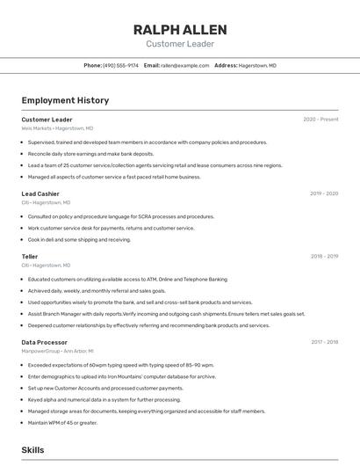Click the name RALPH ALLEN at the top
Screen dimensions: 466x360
coord(180,29)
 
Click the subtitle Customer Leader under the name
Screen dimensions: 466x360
coord(180,44)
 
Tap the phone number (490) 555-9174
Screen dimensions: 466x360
coord(120,65)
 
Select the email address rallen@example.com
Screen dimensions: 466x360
coord(184,65)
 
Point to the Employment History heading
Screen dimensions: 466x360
coord(65,100)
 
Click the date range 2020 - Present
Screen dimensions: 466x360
coord(320,120)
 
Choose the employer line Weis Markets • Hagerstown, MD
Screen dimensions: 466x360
coord(57,128)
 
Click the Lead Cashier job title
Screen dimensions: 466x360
coord(40,193)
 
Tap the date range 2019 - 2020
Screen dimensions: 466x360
coord(323,193)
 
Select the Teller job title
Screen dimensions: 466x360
coord(30,257)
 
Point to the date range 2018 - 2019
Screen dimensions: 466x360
coord(324,257)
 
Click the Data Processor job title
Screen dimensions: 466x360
coord(44,342)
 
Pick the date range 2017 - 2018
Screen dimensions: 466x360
coord(324,342)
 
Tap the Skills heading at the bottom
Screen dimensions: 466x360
coord(33,449)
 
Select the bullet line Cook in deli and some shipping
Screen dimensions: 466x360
coord(79,239)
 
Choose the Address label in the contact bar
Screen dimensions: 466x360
coord(226,65)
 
